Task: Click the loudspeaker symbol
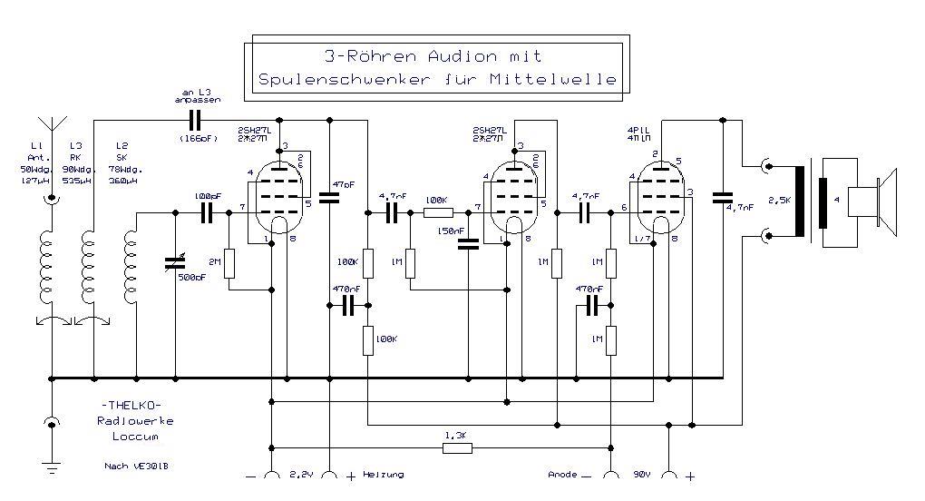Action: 871,200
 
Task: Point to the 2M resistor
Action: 229,263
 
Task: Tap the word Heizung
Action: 383,475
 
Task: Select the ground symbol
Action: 52,467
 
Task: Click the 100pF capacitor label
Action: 208,195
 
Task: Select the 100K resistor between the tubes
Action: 438,213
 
